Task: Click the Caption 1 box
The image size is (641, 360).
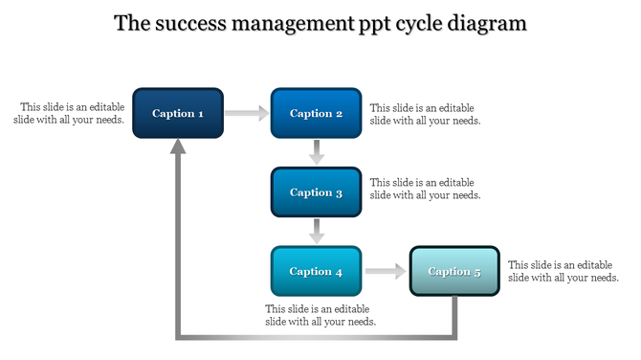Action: click(x=178, y=114)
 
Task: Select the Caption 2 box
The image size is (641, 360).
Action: click(x=316, y=114)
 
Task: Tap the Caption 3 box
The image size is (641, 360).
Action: click(x=316, y=192)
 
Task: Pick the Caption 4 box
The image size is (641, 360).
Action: click(x=316, y=272)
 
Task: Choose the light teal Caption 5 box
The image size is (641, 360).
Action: click(x=454, y=272)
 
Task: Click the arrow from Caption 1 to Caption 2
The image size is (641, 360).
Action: click(x=248, y=114)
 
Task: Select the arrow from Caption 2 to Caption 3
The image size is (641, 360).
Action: click(x=317, y=152)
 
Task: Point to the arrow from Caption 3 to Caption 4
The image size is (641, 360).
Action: click(x=317, y=232)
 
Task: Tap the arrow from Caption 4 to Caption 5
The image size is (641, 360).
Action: click(x=386, y=272)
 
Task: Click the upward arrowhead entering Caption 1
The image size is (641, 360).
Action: click(x=178, y=146)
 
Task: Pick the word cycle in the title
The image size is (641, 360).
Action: click(x=420, y=24)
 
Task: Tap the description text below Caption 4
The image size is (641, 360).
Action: click(x=320, y=315)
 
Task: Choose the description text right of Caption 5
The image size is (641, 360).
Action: click(x=563, y=271)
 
